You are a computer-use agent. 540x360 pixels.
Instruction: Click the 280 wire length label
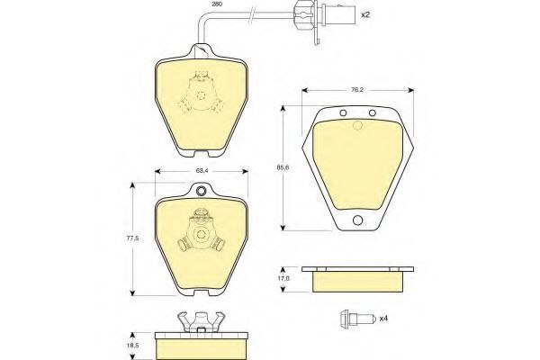pos(217,4)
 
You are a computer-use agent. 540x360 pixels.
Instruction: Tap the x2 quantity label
pos(365,14)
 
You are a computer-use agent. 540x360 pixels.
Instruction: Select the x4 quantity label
pos(383,319)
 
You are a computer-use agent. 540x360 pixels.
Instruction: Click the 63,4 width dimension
pos(202,170)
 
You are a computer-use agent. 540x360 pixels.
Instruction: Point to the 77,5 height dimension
pos(133,238)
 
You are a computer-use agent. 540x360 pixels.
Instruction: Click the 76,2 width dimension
pos(357,90)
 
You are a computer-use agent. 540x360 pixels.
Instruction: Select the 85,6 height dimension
pos(283,167)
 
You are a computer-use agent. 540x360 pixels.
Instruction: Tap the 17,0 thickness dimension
pos(283,278)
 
